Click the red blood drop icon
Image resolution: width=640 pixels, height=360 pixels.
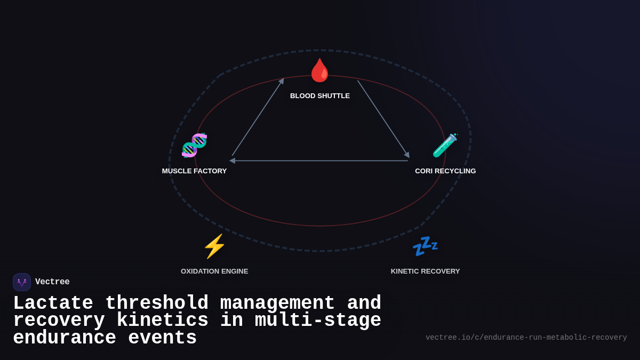320,70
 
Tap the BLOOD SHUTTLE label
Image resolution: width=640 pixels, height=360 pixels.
320,96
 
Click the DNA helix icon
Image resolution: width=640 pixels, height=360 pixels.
194,145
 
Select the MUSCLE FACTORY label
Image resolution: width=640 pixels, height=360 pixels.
194,171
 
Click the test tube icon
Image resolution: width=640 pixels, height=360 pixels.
445,145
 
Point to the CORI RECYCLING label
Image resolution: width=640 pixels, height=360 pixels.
445,171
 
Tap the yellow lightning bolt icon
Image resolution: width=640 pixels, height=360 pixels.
214,246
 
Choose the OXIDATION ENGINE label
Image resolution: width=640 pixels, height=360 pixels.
214,271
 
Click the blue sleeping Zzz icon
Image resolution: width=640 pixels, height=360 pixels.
425,246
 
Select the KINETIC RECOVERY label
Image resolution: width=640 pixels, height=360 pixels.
425,271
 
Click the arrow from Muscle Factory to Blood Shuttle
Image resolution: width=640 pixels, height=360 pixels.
258,117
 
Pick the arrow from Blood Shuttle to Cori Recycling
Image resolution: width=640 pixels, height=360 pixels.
383,118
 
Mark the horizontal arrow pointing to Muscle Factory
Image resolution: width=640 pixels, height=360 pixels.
320,161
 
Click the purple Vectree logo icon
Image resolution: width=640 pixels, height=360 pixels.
22,282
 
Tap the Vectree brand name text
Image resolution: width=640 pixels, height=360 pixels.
52,282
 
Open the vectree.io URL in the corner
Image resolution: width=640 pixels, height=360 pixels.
526,338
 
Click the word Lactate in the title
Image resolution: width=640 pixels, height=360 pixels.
53,303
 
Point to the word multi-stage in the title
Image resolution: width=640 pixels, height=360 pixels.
318,321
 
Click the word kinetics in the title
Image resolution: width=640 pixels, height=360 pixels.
162,321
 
